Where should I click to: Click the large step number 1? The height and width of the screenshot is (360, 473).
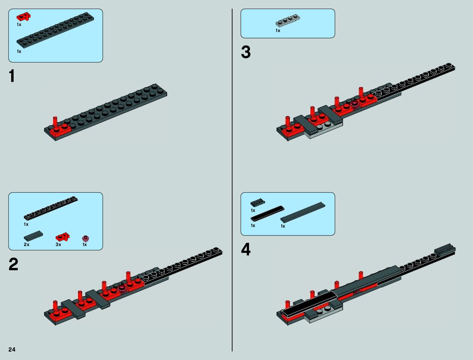(12, 76)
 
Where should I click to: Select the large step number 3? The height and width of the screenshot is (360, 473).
(246, 52)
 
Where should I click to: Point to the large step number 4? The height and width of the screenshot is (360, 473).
(246, 250)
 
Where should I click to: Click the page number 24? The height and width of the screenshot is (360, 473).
(12, 349)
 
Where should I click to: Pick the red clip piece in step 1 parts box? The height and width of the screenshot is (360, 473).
(24, 17)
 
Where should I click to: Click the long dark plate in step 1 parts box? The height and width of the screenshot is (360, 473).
(55, 30)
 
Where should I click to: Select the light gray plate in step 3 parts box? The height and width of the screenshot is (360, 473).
(288, 21)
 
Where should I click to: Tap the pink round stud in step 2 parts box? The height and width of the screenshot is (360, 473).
(86, 238)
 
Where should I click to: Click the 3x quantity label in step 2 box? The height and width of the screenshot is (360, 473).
(58, 245)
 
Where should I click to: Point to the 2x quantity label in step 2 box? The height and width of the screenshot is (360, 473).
(27, 245)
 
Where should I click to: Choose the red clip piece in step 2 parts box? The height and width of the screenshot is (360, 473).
(63, 237)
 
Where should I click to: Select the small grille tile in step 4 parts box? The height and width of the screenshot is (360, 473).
(258, 203)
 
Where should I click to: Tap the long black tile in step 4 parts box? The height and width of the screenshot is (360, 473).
(267, 213)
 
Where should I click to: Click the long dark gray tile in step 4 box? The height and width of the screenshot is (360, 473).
(303, 212)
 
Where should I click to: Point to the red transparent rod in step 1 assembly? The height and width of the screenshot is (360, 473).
(55, 121)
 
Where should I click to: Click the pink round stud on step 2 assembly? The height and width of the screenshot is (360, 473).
(122, 288)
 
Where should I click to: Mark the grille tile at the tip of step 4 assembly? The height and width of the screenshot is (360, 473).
(445, 249)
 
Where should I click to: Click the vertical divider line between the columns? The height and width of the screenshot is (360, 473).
(232, 181)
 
